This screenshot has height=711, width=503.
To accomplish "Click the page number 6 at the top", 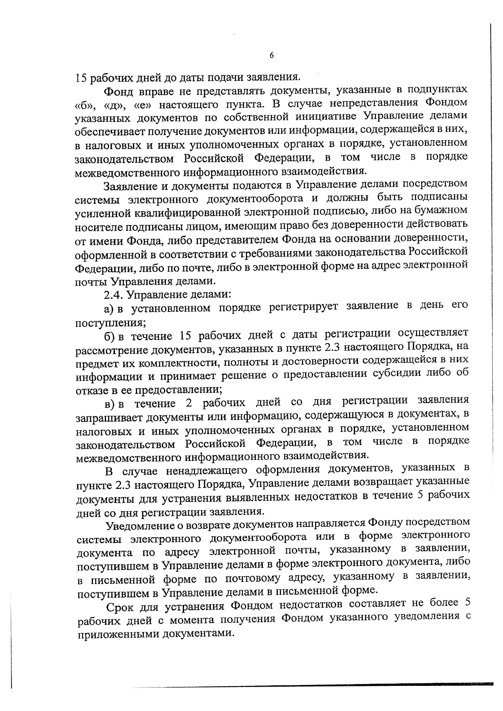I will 272,56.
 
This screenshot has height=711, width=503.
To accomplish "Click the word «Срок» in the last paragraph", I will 121,606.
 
